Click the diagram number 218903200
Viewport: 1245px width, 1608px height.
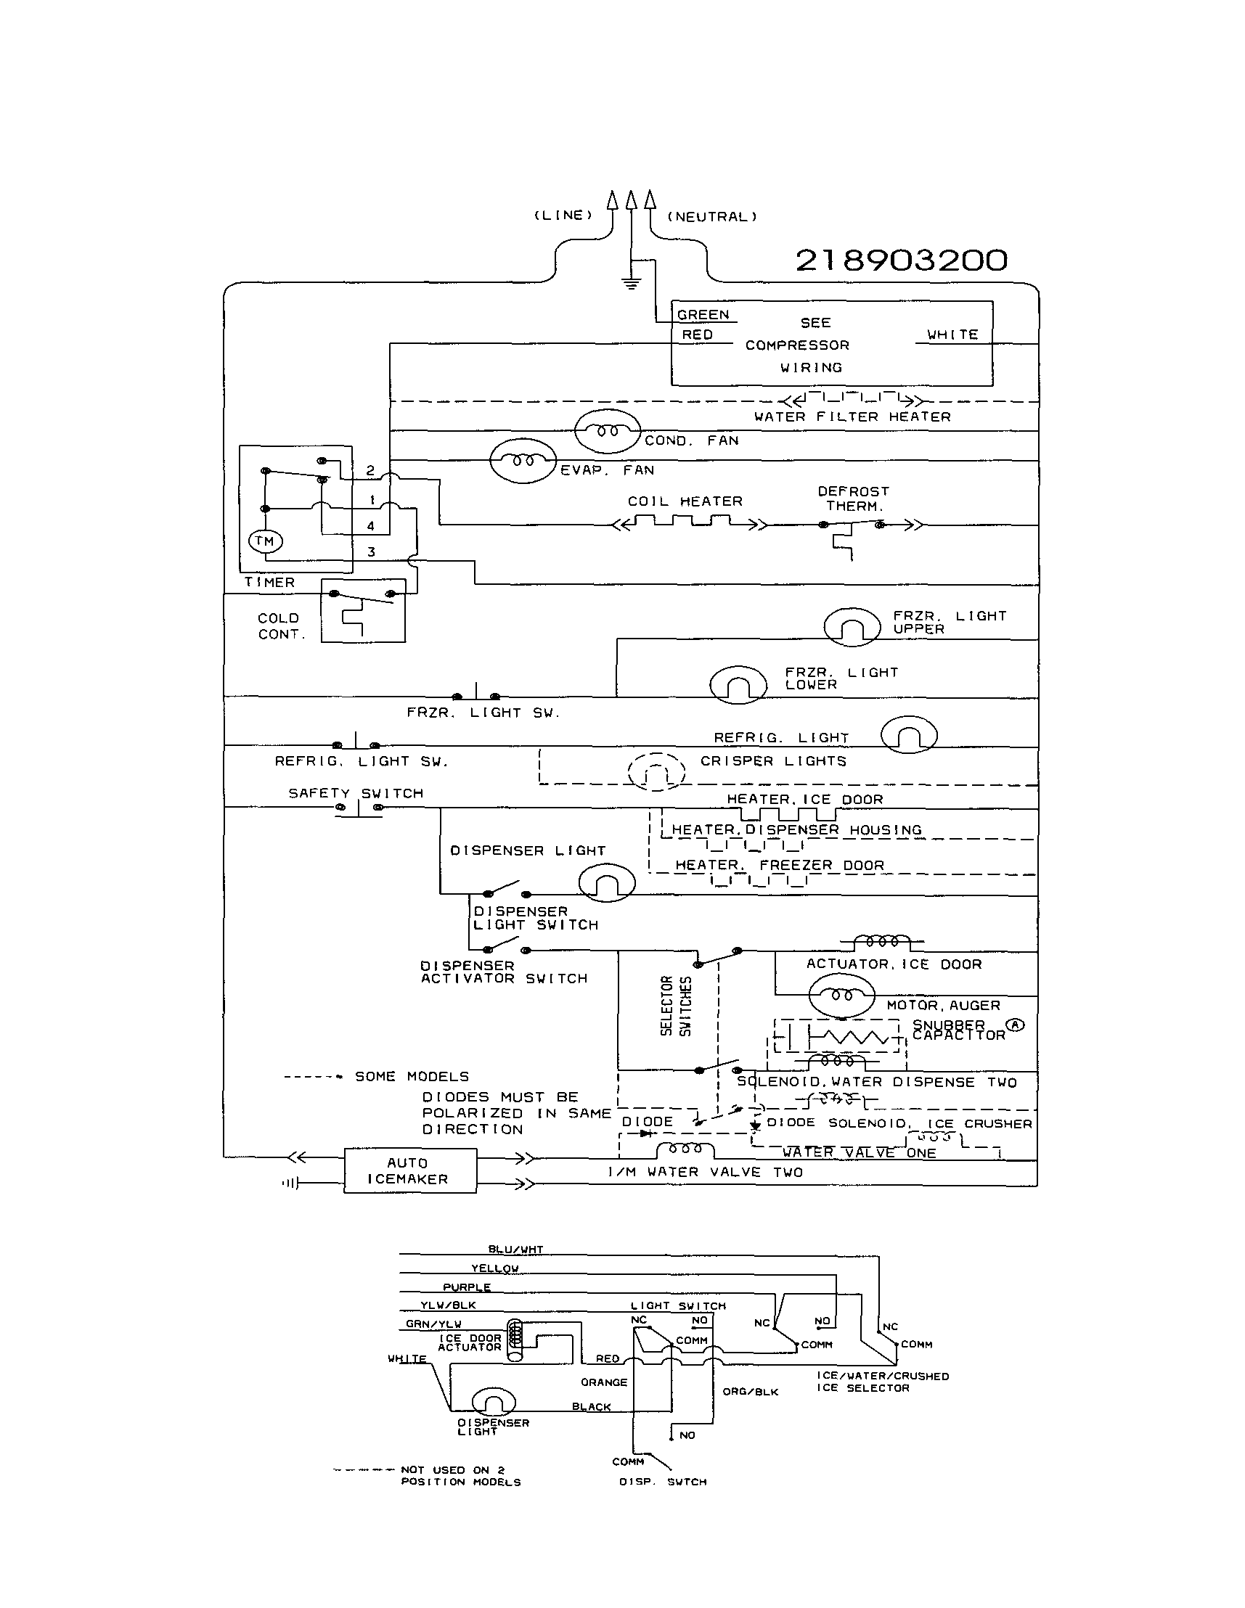pos(901,260)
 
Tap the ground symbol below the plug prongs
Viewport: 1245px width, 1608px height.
pos(631,282)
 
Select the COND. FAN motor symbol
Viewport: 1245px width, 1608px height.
pos(608,431)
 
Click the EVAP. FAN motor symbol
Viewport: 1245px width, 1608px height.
pos(522,461)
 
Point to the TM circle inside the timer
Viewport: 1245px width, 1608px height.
pos(265,541)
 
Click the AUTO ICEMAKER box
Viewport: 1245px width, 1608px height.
pos(409,1170)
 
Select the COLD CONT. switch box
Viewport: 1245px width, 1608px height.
pos(363,610)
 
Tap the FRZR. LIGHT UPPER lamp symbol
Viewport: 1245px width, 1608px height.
pos(852,626)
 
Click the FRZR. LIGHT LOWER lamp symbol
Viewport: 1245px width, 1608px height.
pos(738,684)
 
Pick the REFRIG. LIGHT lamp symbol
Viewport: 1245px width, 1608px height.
pos(909,735)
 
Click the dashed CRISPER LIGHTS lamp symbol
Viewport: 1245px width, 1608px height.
pos(656,771)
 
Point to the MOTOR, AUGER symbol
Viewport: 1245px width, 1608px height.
pos(841,996)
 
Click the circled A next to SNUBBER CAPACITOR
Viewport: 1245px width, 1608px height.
pos(1015,1025)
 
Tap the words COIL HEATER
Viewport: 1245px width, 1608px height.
pos(685,501)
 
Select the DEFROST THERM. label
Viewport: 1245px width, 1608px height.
pos(853,499)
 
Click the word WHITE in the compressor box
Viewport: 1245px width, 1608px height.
pos(952,335)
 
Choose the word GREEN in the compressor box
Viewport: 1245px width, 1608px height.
pos(703,315)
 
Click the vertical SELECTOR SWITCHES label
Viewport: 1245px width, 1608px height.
pos(676,1006)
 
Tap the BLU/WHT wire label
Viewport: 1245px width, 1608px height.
pos(515,1250)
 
